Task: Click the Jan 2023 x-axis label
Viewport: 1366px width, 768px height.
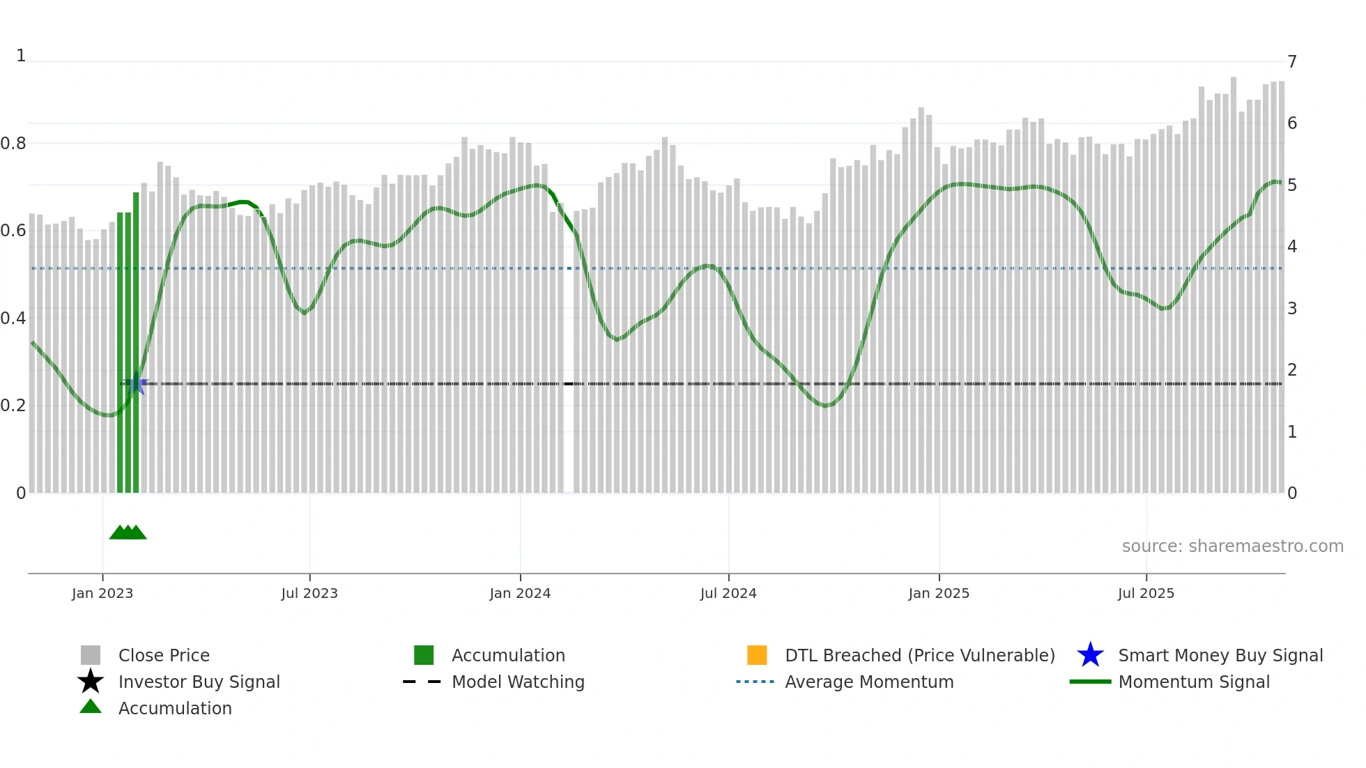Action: coord(102,593)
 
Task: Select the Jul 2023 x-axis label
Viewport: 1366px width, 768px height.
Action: coord(309,593)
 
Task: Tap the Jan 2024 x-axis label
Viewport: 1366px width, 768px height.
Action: coord(520,593)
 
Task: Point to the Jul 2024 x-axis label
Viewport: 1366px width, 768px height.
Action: coord(728,593)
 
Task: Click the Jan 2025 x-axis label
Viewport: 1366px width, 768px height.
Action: coord(939,593)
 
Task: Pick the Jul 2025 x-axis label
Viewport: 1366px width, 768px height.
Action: coord(1146,593)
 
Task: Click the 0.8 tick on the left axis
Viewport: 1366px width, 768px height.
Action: coord(13,144)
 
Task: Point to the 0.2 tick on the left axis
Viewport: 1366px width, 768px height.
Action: coord(13,406)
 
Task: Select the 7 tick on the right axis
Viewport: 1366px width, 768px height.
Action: coord(1292,62)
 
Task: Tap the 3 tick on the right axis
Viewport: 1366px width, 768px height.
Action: coord(1292,309)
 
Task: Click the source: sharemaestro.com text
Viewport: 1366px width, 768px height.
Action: coord(1232,546)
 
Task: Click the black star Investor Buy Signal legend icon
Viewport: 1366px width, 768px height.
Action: coord(91,682)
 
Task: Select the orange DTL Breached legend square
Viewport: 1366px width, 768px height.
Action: coord(757,655)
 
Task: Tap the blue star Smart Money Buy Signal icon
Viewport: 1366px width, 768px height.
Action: coord(1090,655)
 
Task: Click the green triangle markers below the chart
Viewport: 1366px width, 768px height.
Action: coord(128,533)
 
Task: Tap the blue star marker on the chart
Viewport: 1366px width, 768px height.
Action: coord(135,384)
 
